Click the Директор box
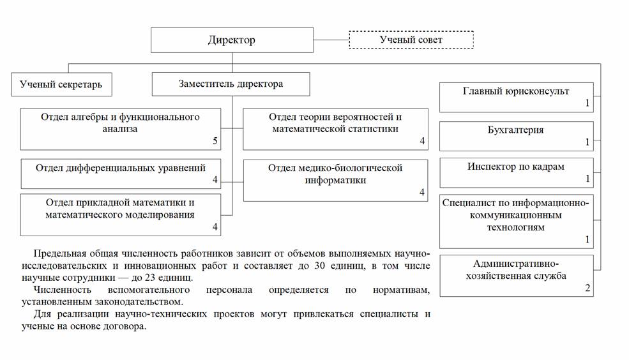[232, 40]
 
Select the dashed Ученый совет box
[411, 40]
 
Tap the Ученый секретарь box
[61, 84]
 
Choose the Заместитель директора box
[231, 84]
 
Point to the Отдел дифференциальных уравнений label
[121, 169]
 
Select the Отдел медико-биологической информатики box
[335, 180]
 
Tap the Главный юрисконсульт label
[516, 91]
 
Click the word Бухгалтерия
[516, 130]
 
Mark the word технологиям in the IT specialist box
[516, 227]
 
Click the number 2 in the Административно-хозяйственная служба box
[587, 288]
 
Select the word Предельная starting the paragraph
[59, 253]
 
